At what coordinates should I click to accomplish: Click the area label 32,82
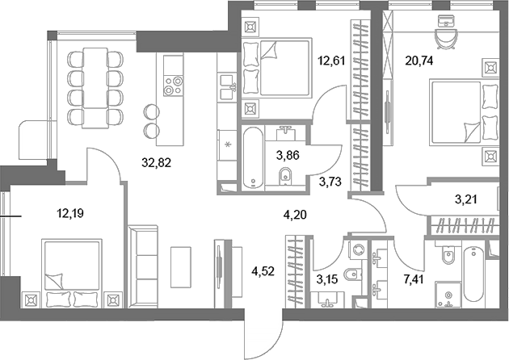click(154, 161)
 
